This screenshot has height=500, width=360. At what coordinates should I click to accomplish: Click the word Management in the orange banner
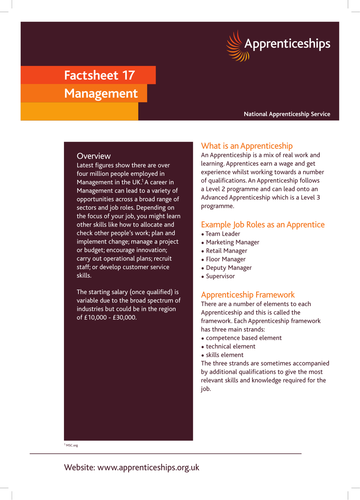(x=100, y=93)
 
